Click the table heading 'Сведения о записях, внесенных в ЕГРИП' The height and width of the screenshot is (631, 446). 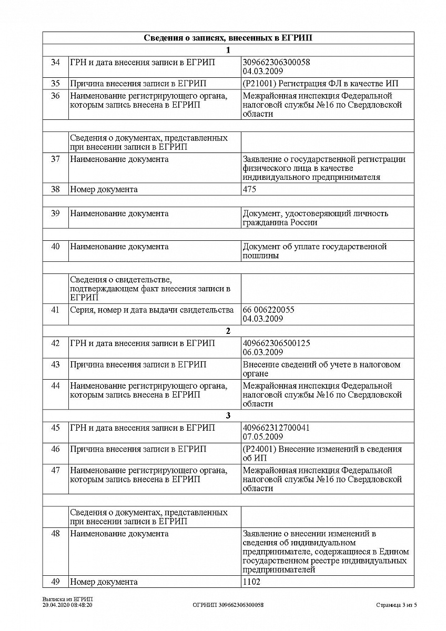(x=228, y=38)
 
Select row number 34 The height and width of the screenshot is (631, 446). (x=55, y=63)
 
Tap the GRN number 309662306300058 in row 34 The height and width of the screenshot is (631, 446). (x=276, y=62)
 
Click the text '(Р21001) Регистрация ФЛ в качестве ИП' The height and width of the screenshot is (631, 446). (x=321, y=84)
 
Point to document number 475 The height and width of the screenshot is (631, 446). (x=250, y=189)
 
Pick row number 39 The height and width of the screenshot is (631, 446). (x=55, y=213)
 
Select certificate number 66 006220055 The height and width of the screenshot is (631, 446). (x=269, y=310)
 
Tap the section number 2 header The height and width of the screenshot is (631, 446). (x=228, y=331)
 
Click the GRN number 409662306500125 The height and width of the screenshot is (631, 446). (x=276, y=343)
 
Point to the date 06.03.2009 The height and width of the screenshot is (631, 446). (x=262, y=352)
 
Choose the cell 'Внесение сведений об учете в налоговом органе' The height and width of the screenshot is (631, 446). (x=321, y=369)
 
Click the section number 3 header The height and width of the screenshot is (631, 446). (x=228, y=416)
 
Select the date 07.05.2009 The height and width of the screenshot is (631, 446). (x=262, y=437)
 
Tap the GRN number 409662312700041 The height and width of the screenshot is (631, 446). (x=276, y=428)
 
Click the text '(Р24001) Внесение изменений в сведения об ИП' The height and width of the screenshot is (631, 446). (x=322, y=453)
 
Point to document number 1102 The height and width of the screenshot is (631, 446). (x=251, y=582)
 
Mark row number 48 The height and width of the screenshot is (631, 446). (x=55, y=534)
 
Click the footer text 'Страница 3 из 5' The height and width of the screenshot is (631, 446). (x=397, y=605)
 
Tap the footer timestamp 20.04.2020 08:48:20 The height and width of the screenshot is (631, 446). (x=67, y=605)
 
